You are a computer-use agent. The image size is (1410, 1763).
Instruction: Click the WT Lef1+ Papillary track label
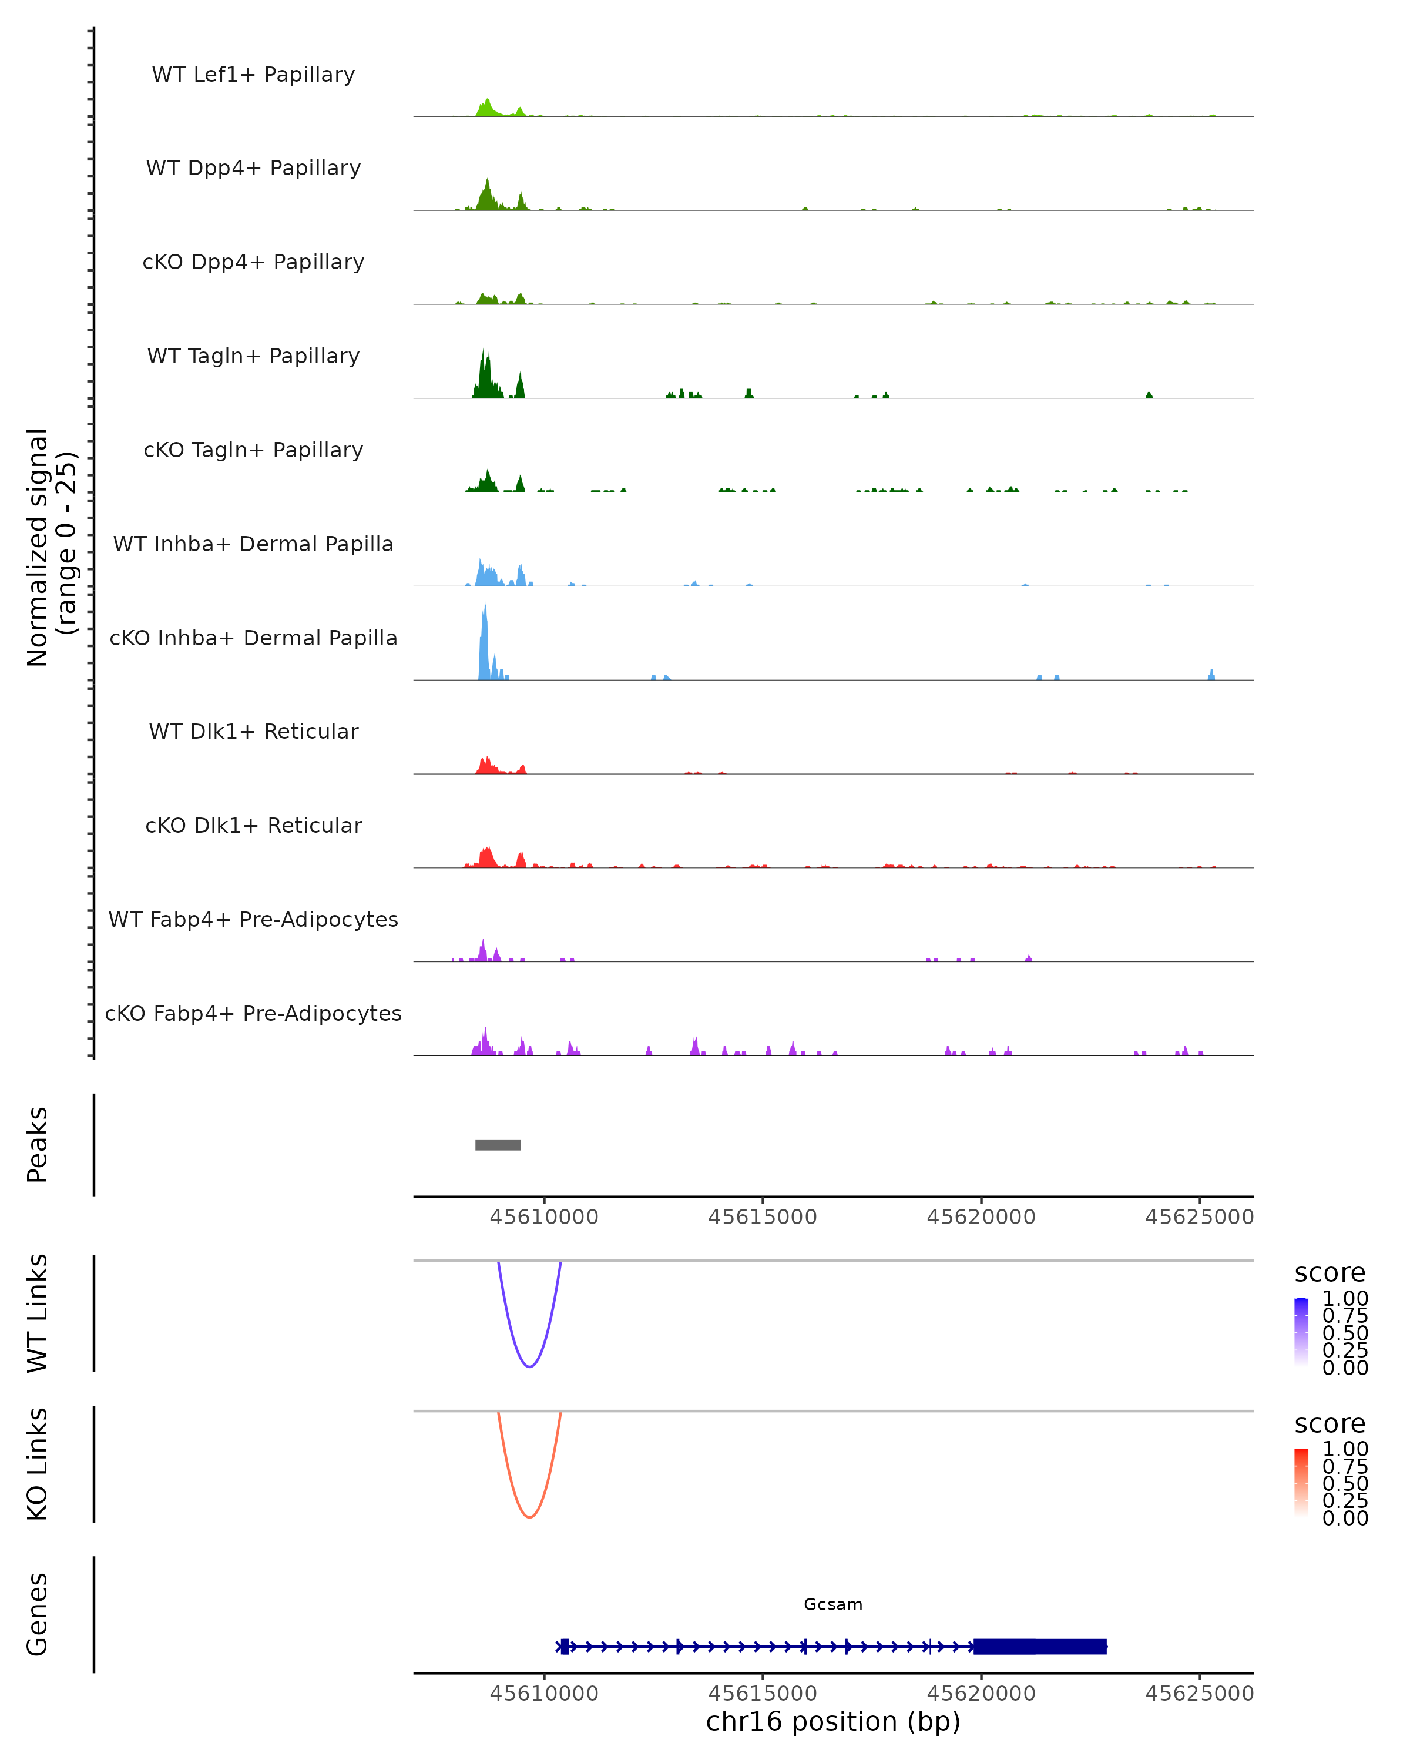point(253,75)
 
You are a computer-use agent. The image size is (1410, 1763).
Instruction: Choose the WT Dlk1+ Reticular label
point(253,731)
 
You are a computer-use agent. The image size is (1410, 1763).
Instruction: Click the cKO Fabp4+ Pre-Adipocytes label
point(253,1013)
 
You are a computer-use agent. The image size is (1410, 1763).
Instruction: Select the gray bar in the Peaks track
point(498,1145)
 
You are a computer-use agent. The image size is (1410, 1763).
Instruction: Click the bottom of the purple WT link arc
point(530,1366)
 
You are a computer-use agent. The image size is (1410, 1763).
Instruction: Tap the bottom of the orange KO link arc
point(530,1517)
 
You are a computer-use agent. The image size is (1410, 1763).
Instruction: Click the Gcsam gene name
point(833,1604)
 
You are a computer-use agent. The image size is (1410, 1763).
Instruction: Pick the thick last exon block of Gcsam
point(1040,1646)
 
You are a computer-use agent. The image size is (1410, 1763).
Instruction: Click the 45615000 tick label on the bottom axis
point(763,1694)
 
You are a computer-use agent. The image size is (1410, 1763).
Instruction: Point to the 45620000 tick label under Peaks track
point(981,1217)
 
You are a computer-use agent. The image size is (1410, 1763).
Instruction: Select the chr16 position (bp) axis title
point(833,1721)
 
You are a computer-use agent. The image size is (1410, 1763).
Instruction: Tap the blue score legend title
point(1330,1273)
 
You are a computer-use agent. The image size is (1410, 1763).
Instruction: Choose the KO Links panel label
point(38,1464)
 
